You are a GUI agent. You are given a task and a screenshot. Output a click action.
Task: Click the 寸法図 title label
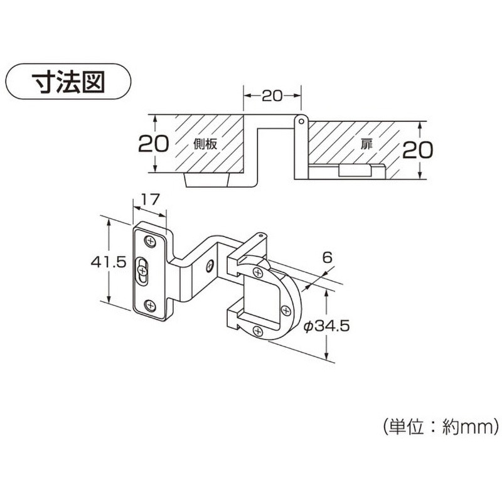coord(68,82)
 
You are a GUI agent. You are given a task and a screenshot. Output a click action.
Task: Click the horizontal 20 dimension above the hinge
coord(272,95)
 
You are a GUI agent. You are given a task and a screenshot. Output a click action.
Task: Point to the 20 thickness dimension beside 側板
coord(153,144)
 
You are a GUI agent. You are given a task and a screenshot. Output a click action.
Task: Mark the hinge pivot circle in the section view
coord(301,119)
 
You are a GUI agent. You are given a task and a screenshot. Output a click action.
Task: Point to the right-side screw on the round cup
coord(286,310)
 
